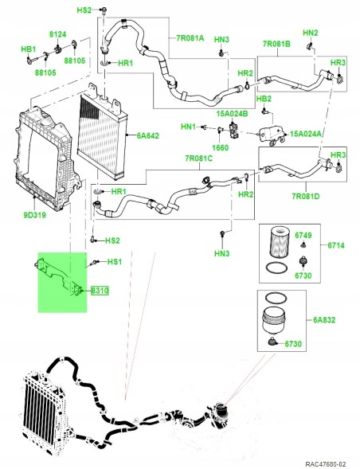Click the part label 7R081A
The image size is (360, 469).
pyautogui.click(x=190, y=37)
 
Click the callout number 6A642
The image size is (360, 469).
pyautogui.click(x=148, y=135)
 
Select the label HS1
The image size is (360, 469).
pyautogui.click(x=114, y=262)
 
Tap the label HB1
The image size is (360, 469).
pyautogui.click(x=29, y=49)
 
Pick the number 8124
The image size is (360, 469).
pyautogui.click(x=58, y=36)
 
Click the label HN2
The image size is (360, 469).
pyautogui.click(x=310, y=32)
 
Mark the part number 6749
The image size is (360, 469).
pyautogui.click(x=303, y=236)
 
